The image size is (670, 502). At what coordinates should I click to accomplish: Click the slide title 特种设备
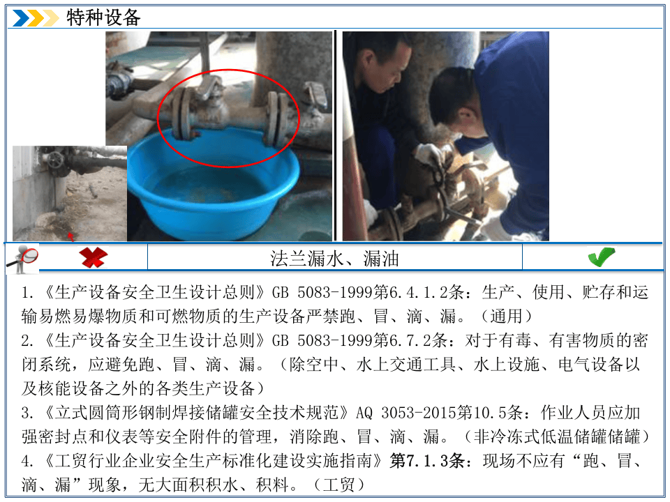click(103, 18)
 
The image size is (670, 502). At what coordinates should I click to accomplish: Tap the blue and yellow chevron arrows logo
click(36, 18)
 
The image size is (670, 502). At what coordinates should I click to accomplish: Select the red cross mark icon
click(92, 257)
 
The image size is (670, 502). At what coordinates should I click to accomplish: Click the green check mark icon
click(601, 257)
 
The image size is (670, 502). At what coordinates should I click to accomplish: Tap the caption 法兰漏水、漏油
click(335, 259)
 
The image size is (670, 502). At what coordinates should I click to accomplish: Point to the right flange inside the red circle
click(275, 120)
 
